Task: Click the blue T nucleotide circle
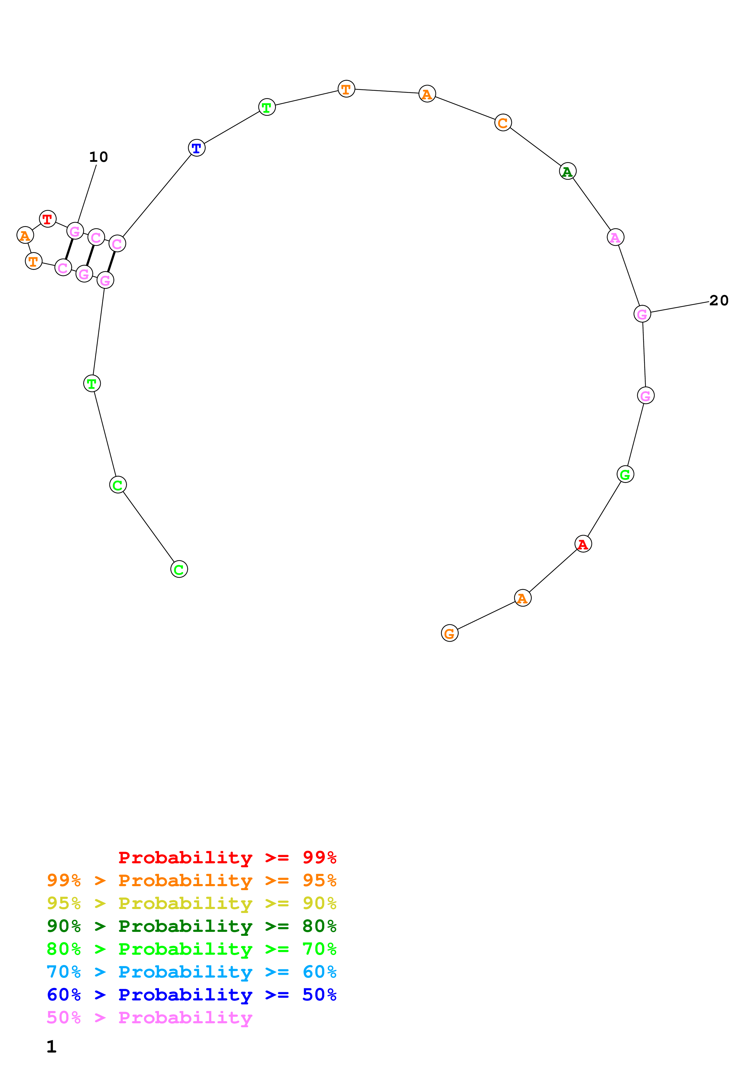tap(197, 148)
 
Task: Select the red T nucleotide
tap(48, 219)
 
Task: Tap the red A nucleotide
tap(583, 544)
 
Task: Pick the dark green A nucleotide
tap(567, 171)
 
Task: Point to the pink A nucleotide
tap(616, 237)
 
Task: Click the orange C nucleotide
tap(503, 123)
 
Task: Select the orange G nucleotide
tap(449, 633)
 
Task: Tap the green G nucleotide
tap(625, 474)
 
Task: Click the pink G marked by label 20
tap(642, 314)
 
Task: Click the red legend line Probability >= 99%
tap(227, 858)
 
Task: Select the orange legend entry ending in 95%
tap(191, 880)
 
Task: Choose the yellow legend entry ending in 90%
tap(191, 903)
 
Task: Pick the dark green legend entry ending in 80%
tap(191, 926)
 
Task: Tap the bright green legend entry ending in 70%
tap(191, 949)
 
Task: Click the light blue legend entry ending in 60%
tap(191, 972)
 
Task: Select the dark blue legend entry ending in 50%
tap(191, 995)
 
